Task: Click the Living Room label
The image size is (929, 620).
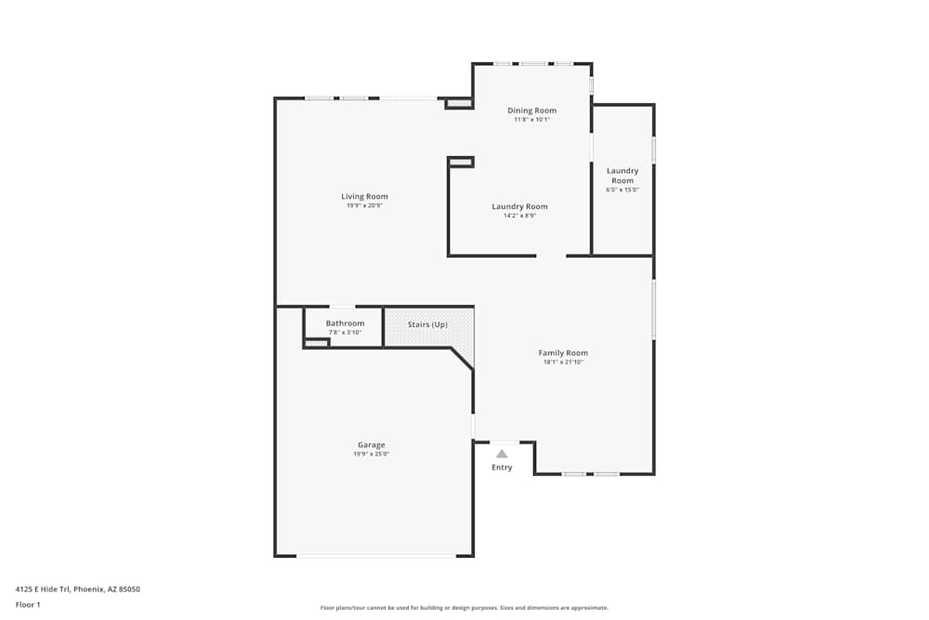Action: coord(364,196)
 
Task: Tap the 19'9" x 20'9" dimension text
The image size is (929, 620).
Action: coord(364,205)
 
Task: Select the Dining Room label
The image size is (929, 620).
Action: coord(531,111)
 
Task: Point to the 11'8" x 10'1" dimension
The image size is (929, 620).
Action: coord(531,120)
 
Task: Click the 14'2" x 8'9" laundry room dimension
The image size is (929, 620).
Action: coord(519,216)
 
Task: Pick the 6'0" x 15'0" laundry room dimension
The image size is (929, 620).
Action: coord(622,190)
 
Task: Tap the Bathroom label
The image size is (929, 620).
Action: coord(345,323)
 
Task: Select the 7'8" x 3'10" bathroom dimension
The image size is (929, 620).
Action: coord(345,333)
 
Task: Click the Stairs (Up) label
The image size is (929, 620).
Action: coord(427,324)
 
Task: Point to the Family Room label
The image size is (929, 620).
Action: coord(563,353)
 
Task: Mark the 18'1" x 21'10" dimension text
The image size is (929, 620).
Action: coord(563,363)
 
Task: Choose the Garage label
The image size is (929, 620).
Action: coord(371,445)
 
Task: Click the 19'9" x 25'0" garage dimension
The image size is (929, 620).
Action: coord(371,455)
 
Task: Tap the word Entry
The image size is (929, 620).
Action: coord(502,468)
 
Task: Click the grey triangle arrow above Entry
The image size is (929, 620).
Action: coord(502,454)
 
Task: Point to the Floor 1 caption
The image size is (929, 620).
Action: coord(28,604)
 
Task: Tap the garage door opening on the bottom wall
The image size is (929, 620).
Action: coord(375,556)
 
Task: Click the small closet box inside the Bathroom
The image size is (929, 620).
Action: coord(317,343)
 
